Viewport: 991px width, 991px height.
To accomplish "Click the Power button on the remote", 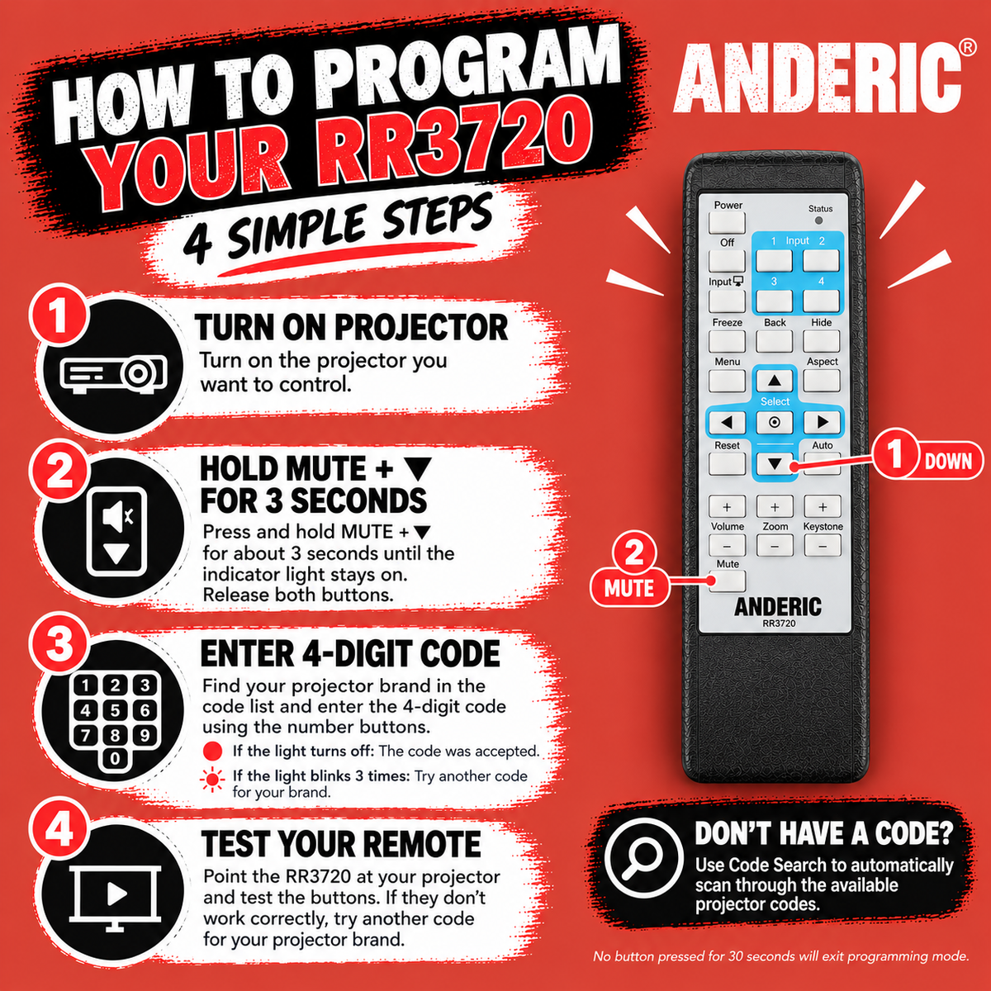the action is click(727, 222).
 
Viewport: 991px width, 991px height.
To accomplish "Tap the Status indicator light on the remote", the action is click(818, 220).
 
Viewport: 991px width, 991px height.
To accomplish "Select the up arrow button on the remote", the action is click(775, 381).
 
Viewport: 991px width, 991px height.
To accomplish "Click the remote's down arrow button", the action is click(775, 463).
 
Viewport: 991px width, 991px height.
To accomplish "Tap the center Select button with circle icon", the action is click(775, 422).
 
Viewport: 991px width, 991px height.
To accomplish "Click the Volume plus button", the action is click(727, 506).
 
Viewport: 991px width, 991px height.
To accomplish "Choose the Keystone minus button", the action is click(823, 546).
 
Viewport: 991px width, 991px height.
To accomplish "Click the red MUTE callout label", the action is click(629, 588).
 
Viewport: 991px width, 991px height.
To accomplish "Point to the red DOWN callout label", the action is click(947, 461).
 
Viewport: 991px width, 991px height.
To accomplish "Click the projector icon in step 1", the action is click(114, 374).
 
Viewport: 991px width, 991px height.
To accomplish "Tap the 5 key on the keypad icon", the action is click(115, 710).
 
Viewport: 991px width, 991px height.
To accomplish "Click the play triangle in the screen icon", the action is click(116, 894).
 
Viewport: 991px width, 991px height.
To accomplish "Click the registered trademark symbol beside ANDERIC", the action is click(967, 47).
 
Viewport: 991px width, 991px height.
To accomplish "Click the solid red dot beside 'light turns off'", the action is click(212, 751).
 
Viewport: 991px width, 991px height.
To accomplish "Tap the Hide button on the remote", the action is click(821, 340).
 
